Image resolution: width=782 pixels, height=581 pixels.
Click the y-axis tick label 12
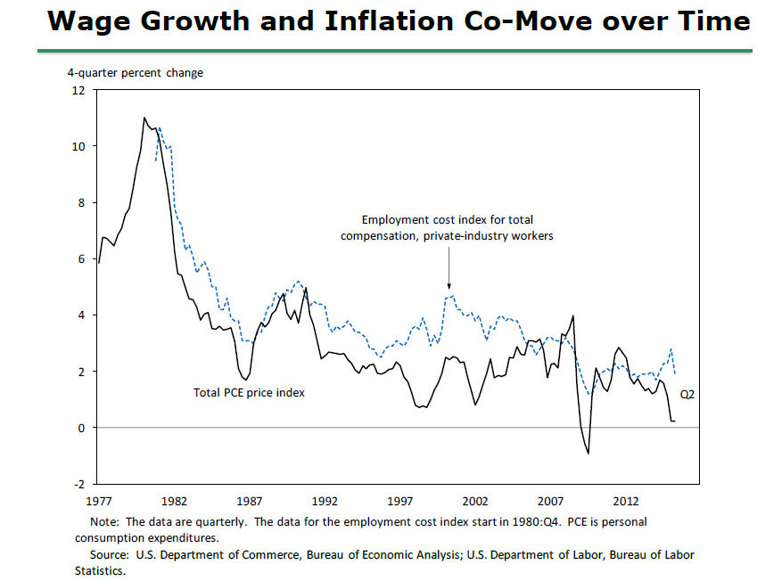(79, 91)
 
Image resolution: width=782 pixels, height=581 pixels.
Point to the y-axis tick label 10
(79, 147)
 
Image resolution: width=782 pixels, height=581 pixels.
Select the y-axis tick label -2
(80, 484)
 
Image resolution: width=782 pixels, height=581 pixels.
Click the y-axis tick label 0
(82, 428)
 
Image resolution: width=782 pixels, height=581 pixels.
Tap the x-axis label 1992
(325, 500)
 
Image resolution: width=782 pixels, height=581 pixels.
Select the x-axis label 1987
(249, 500)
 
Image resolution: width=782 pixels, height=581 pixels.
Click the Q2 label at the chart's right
(687, 393)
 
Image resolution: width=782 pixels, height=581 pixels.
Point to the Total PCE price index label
(249, 391)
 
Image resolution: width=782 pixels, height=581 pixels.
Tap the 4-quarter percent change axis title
(136, 72)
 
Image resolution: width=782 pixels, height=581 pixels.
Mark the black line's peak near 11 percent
(144, 118)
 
